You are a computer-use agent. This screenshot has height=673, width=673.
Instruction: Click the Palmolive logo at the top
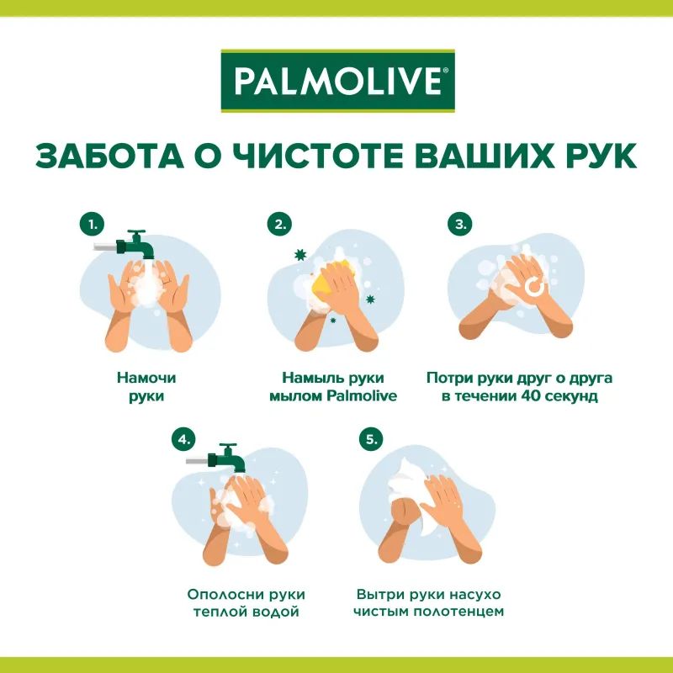[x=336, y=82]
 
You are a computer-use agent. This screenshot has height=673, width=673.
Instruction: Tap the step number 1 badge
[x=92, y=225]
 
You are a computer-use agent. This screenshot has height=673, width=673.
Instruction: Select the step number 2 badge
[x=278, y=225]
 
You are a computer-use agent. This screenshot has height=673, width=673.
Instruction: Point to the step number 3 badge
[x=460, y=225]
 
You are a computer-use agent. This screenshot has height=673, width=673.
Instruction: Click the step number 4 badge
[x=183, y=439]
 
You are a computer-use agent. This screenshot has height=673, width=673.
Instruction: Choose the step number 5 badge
[x=369, y=439]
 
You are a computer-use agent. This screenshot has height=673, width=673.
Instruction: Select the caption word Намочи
[x=140, y=378]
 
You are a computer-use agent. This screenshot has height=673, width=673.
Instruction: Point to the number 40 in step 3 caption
[x=529, y=396]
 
